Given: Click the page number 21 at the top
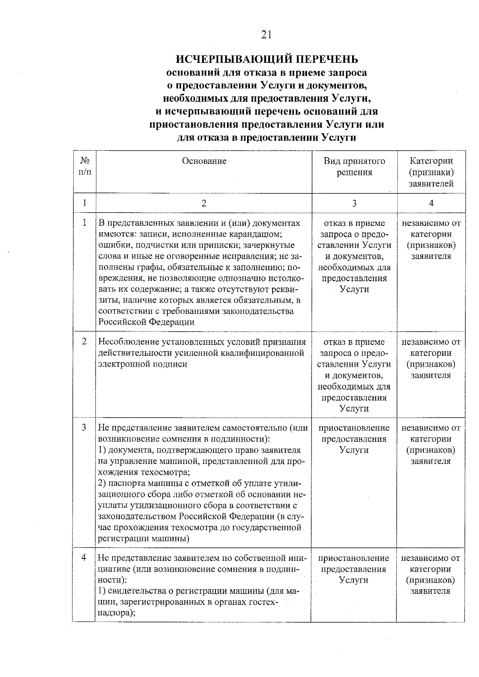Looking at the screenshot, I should coord(266,35).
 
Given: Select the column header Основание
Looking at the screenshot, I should coord(204,161).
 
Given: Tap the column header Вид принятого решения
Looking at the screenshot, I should coord(354,167).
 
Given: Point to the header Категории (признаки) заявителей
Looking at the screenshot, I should coord(431,172).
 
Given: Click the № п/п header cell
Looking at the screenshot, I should coord(85,167).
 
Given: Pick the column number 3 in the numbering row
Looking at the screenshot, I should coord(354,203).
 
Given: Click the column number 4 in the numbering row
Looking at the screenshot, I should coord(431,203).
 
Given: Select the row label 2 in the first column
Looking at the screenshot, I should coord(84,342).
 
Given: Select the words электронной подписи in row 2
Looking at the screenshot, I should coord(143,364).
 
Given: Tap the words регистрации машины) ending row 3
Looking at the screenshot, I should coord(143,539).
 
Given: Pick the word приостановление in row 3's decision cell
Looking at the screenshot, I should coord(354,428).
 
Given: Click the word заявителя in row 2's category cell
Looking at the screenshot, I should coord(431,375).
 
